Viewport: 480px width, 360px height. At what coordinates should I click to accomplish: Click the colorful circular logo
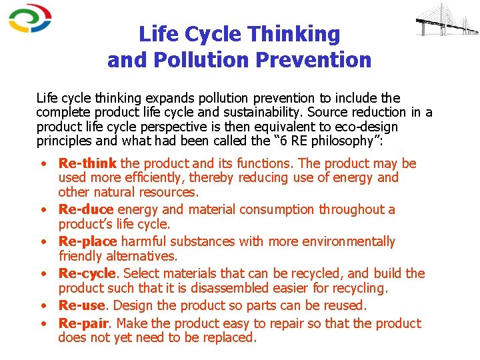click(x=30, y=18)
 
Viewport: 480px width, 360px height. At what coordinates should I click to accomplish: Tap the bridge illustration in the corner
click(x=446, y=21)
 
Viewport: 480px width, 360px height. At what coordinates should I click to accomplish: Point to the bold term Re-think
click(x=87, y=163)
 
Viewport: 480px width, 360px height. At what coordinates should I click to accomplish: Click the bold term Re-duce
click(x=86, y=209)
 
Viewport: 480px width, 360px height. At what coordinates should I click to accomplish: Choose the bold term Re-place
click(x=87, y=241)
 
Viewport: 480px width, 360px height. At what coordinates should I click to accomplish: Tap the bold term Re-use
click(x=82, y=306)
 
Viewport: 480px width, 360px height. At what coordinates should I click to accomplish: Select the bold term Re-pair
click(x=83, y=323)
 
